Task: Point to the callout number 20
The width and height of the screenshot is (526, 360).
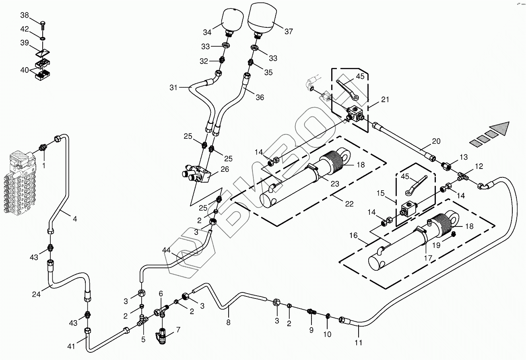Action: pos(436,141)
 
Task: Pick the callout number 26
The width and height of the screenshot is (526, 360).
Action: pos(225,169)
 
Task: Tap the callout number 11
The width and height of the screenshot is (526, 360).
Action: pos(358,343)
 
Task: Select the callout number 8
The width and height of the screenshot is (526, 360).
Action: pos(228,322)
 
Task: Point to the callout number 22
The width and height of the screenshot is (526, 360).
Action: pos(349,204)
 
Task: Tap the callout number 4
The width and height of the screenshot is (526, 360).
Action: pos(75,219)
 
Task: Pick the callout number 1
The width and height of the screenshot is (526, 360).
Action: pos(43,165)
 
